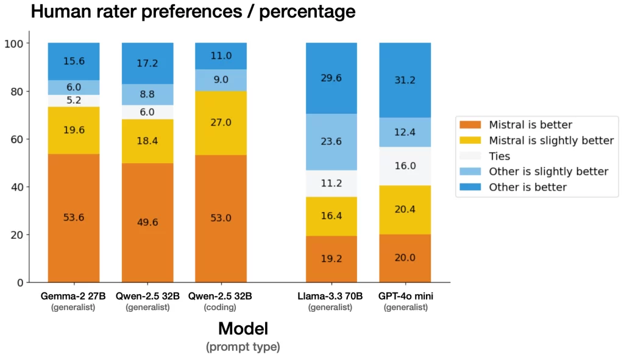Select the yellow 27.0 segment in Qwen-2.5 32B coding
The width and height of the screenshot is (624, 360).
[221, 122]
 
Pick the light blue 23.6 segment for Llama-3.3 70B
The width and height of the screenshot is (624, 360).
[331, 141]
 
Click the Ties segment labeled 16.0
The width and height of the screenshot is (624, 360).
[405, 166]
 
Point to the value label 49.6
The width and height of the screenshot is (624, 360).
[147, 222]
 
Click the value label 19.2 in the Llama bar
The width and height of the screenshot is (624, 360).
[331, 258]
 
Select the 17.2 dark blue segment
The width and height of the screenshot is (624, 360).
[147, 63]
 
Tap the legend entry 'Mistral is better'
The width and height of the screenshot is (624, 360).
[530, 125]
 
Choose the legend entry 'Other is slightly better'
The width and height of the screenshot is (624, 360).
[548, 171]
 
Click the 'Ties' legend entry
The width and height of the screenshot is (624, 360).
[500, 156]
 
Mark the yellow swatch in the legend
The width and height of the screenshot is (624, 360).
[472, 141]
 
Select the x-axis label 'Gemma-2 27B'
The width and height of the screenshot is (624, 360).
[74, 296]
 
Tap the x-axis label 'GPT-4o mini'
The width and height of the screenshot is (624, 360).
[405, 296]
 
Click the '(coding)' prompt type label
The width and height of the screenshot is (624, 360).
[221, 308]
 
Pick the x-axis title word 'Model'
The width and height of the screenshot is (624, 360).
[243, 329]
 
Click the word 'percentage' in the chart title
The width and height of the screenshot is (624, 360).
[307, 11]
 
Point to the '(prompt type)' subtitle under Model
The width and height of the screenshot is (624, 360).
[243, 347]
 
